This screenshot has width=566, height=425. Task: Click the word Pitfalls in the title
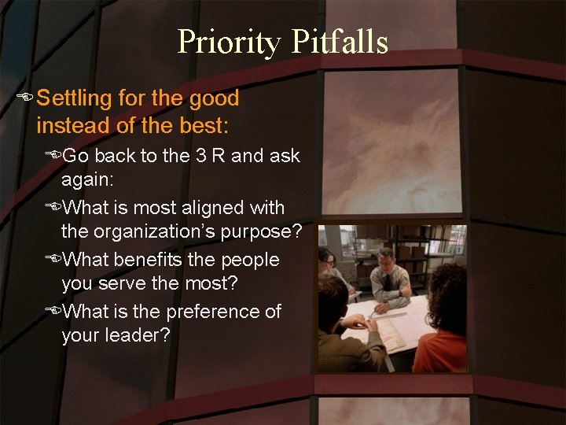[x=339, y=42]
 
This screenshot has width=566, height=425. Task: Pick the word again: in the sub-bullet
[x=88, y=180]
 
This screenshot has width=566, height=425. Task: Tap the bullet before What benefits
[x=53, y=261]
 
